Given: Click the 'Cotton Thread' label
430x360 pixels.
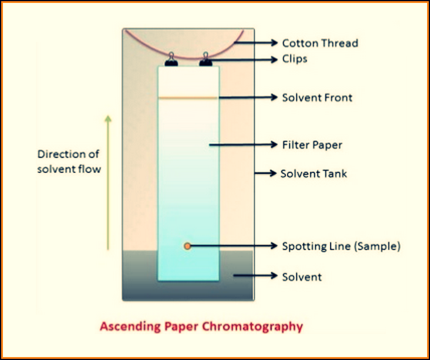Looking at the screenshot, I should (319, 43).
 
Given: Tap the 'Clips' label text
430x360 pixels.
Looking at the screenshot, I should (294, 59).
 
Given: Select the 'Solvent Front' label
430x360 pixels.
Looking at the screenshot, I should (317, 97).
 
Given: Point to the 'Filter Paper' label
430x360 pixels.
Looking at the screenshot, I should (312, 144).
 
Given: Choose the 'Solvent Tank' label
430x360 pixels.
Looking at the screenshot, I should (314, 174).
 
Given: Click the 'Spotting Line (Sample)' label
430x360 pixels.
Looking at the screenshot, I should (341, 246).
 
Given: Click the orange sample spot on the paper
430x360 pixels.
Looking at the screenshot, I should (187, 246).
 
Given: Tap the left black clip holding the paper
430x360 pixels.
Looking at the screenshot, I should (171, 60).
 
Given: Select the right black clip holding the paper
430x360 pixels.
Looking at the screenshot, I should (205, 60).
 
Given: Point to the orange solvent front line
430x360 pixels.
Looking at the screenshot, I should (188, 97).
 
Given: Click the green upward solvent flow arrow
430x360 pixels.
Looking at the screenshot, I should (107, 182).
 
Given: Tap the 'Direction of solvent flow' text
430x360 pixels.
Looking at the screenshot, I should (69, 162).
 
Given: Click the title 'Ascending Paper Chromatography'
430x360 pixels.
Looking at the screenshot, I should (201, 326).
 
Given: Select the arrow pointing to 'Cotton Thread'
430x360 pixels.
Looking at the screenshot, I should (256, 43).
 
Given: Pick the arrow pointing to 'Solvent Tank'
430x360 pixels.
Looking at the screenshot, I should (264, 174).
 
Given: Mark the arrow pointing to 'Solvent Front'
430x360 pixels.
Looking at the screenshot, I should (247, 97).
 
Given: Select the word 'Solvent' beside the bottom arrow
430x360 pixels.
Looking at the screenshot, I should (302, 276).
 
